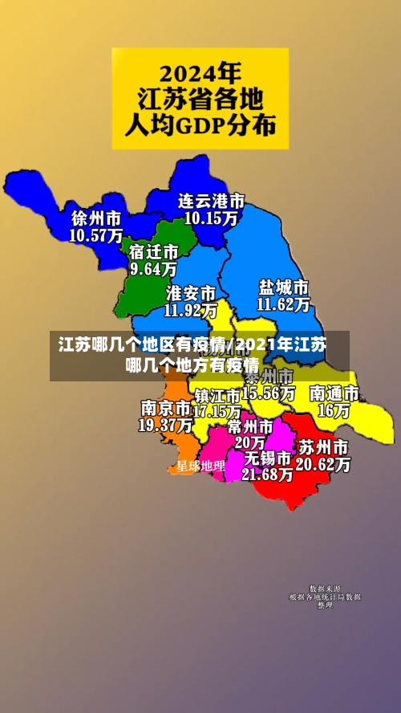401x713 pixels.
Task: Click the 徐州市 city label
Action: (x=96, y=218)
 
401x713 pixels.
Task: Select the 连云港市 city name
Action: (x=211, y=200)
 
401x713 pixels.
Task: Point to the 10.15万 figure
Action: (x=211, y=217)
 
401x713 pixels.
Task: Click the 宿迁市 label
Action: (x=153, y=251)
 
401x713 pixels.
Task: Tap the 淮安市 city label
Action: (x=191, y=292)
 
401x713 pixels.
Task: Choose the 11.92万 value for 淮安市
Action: (x=191, y=309)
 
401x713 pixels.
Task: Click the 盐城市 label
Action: (x=284, y=287)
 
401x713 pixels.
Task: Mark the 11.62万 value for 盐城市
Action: (x=284, y=304)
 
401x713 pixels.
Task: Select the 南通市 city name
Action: (x=334, y=393)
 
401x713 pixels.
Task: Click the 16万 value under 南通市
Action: (x=334, y=410)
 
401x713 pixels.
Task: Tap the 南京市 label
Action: (x=165, y=408)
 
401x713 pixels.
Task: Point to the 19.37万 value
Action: (x=165, y=425)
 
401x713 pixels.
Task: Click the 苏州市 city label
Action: (x=323, y=447)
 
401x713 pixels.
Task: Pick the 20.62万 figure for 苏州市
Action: (x=323, y=464)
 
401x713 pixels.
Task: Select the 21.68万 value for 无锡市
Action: (x=268, y=475)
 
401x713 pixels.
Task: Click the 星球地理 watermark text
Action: (x=200, y=466)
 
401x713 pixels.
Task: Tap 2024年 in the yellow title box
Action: (x=200, y=74)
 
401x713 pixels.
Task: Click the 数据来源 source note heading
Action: (x=325, y=589)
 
